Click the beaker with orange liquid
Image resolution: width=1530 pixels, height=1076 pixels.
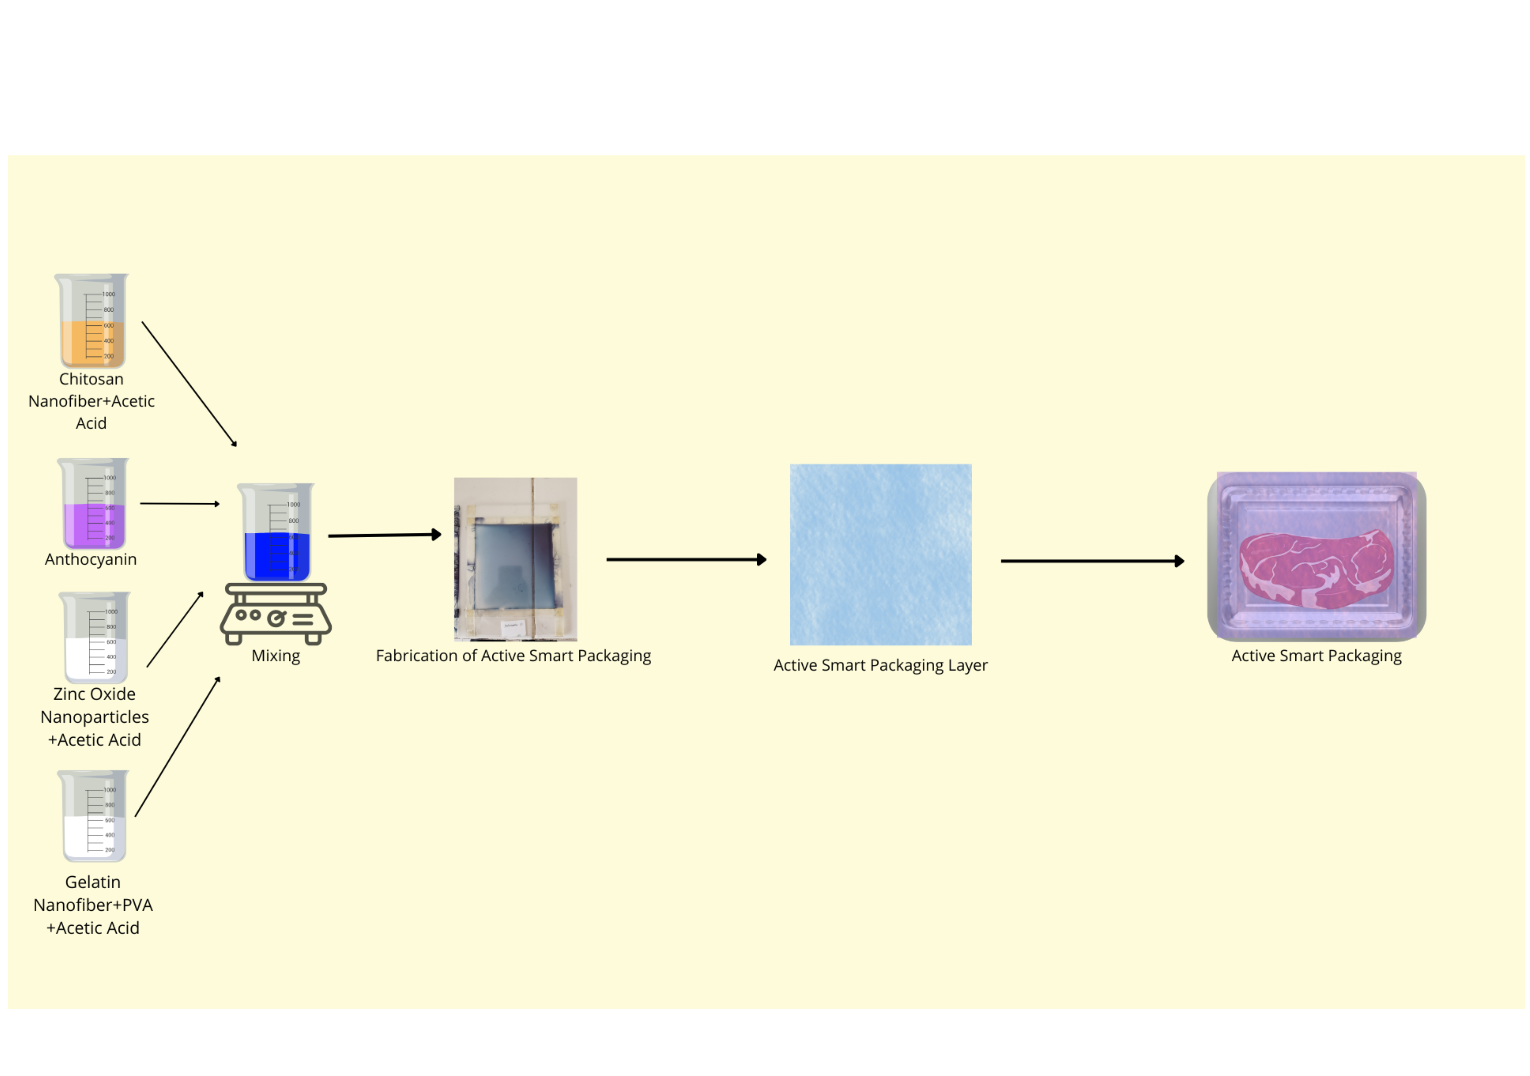tap(91, 320)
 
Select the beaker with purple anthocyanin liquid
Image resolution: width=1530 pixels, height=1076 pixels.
tap(93, 504)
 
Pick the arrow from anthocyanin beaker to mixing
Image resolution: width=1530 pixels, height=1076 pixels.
tap(180, 504)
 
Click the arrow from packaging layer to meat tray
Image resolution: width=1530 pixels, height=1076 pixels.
tap(1093, 561)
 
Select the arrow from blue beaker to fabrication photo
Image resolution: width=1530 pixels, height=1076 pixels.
tap(385, 535)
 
